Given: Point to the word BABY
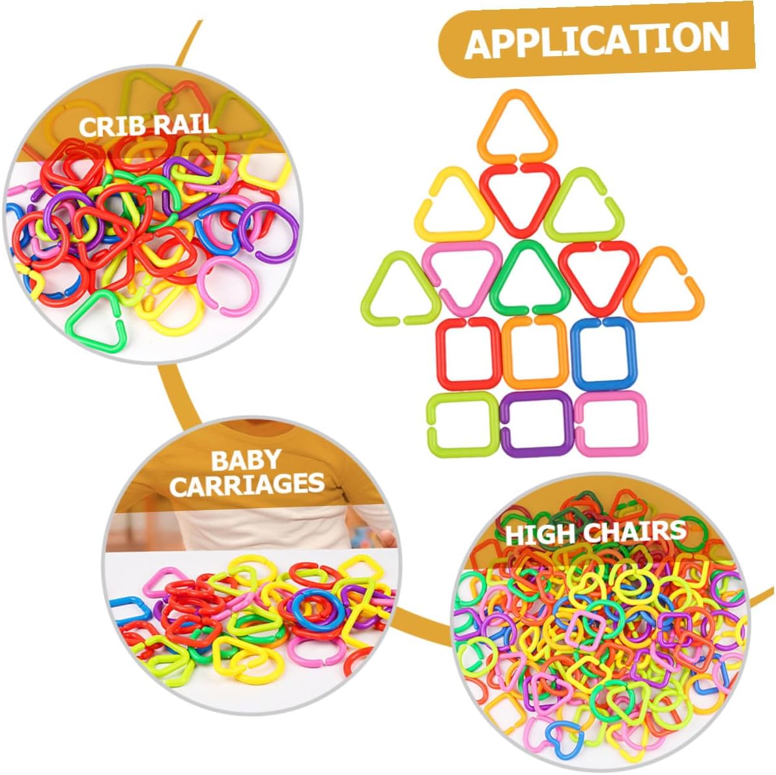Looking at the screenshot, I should (246, 461).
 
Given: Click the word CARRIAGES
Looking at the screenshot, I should (248, 484).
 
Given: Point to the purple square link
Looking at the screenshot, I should (536, 423).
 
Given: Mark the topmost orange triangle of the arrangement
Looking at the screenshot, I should (517, 127).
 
